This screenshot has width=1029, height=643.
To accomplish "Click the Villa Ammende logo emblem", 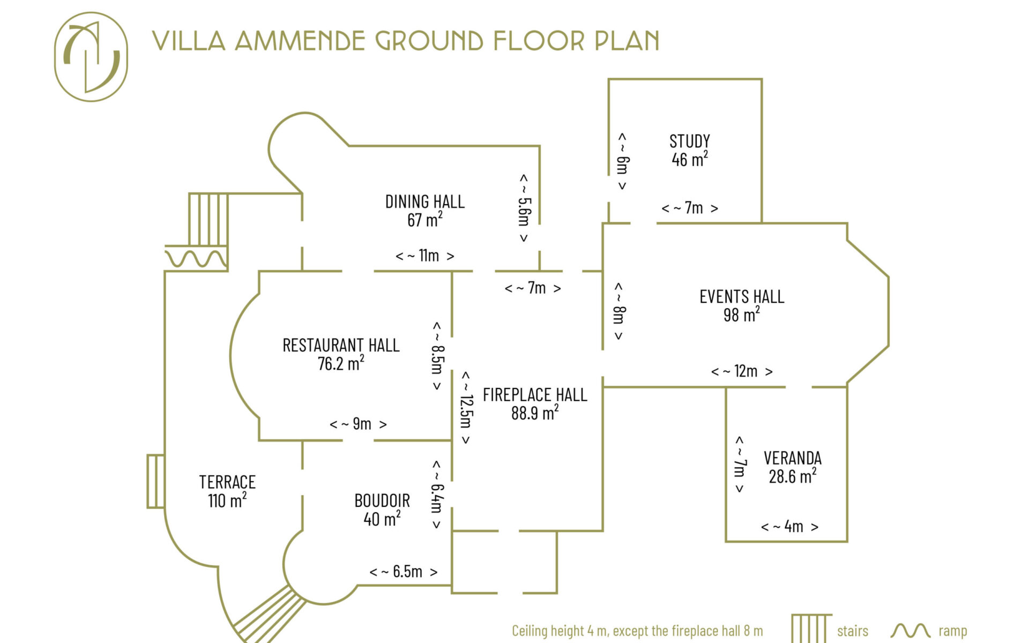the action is click(x=91, y=57).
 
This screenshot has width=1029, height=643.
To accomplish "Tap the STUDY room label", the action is click(x=690, y=141).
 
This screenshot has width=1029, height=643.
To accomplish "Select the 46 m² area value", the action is click(x=690, y=159).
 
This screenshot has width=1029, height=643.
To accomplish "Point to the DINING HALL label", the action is click(x=425, y=201).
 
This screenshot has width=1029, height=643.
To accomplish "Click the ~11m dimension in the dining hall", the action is click(x=425, y=256).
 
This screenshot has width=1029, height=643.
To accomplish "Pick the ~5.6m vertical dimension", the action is click(x=524, y=208).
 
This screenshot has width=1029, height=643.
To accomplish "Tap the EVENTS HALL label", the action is click(x=742, y=296).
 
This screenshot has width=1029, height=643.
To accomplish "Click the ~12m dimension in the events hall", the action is click(x=742, y=371).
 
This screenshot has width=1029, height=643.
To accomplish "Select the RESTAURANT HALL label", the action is click(x=341, y=345).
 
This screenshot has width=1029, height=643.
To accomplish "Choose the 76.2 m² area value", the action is click(x=341, y=363).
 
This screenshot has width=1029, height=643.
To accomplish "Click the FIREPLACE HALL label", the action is click(x=535, y=395).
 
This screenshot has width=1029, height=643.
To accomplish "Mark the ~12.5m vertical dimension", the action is click(x=466, y=408).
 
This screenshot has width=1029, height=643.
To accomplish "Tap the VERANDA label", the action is click(x=793, y=458).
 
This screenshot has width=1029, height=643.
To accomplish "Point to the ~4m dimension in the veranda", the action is click(x=789, y=527).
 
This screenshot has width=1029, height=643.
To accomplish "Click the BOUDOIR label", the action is click(x=382, y=500).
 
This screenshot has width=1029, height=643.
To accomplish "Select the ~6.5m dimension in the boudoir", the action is click(x=404, y=572).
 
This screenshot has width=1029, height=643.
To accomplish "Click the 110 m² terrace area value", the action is click(x=227, y=500).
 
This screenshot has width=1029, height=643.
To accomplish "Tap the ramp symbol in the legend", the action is click(x=911, y=631).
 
